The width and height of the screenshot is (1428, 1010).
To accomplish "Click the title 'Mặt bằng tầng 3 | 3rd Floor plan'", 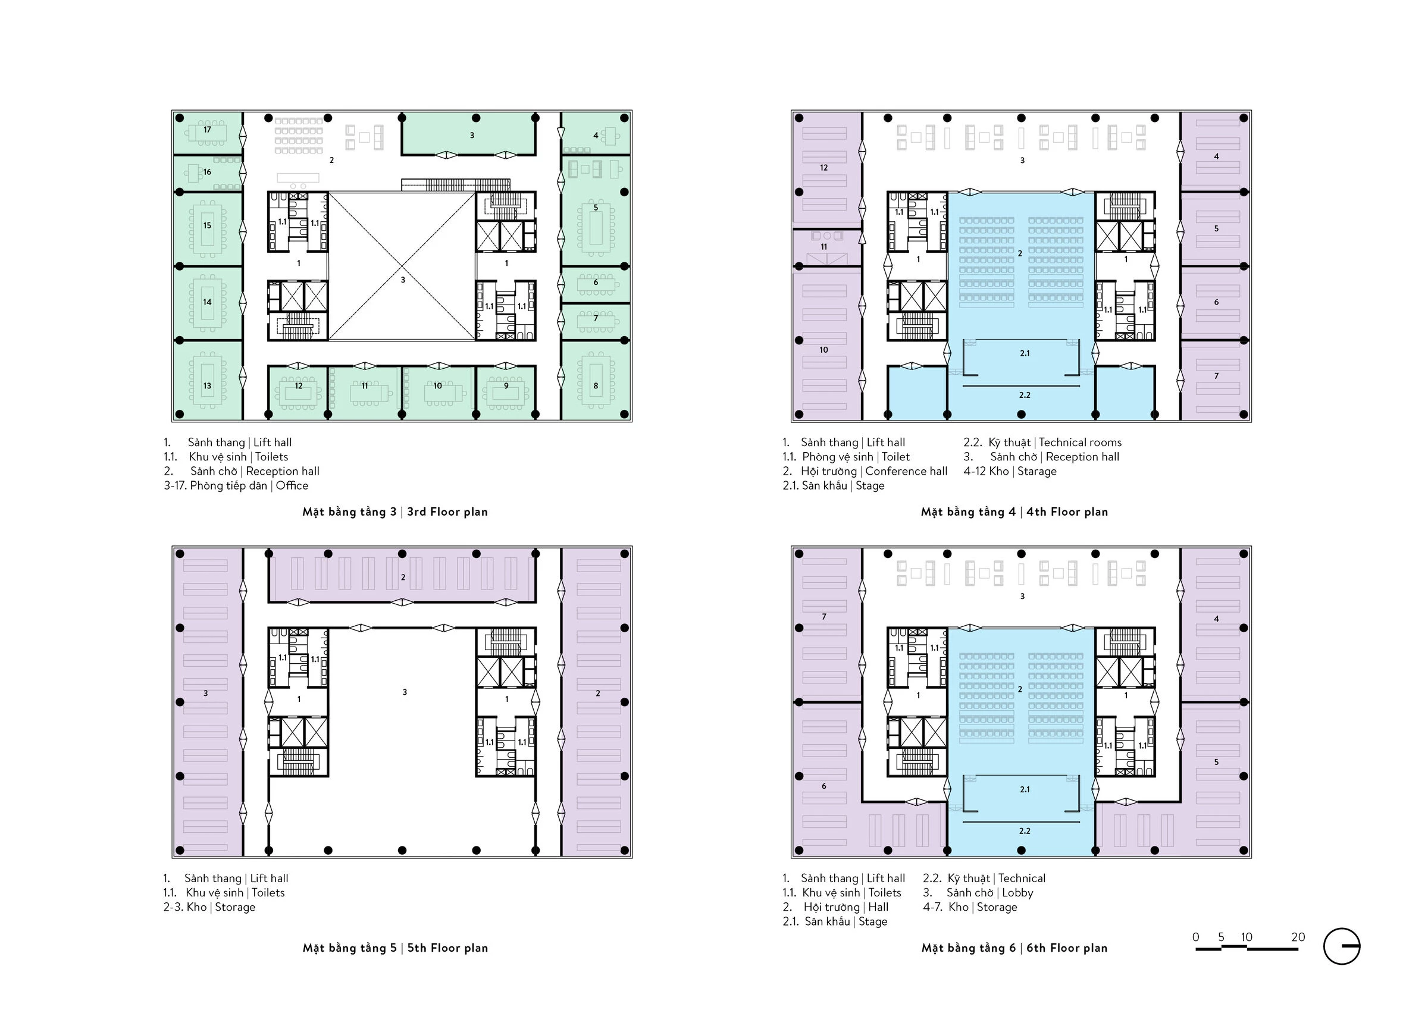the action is (x=395, y=512).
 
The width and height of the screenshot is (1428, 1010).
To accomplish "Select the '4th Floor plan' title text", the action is (x=1067, y=512).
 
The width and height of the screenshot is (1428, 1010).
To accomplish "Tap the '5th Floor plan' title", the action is (x=448, y=948).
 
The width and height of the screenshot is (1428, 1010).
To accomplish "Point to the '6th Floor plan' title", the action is (x=1067, y=948).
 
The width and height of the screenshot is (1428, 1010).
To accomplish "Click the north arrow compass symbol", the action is (x=1342, y=946).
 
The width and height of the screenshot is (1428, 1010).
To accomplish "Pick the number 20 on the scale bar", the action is (x=1298, y=937).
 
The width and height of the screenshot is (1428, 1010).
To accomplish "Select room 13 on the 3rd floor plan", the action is (x=207, y=385).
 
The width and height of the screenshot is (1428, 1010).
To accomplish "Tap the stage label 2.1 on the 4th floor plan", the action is (x=1025, y=353).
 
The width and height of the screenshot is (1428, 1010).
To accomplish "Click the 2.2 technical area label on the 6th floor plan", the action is (x=1025, y=831).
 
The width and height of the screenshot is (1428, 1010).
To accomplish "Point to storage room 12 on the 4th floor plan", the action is (x=823, y=167).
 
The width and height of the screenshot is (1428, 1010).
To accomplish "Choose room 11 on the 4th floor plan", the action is (x=823, y=247).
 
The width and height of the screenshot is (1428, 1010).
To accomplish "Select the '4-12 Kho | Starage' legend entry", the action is (x=1010, y=471).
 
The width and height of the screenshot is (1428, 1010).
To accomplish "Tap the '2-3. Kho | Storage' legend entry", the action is (x=209, y=907).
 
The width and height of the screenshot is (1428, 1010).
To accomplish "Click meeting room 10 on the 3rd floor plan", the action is (x=437, y=385).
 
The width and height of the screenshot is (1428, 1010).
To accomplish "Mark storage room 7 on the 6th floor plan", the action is (x=824, y=617).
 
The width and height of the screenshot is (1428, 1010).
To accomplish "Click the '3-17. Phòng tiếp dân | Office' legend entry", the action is (x=236, y=485).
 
